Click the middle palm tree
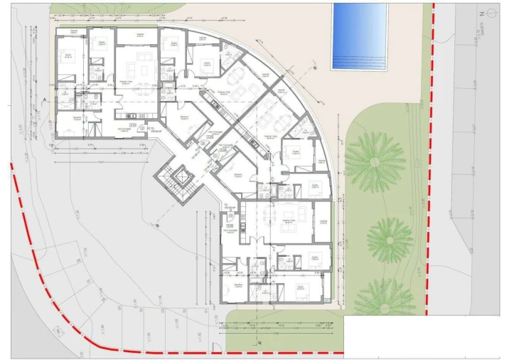pos(389,238)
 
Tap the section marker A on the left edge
pos(44,100)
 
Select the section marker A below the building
pos(262,342)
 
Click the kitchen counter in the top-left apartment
pos(132,117)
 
